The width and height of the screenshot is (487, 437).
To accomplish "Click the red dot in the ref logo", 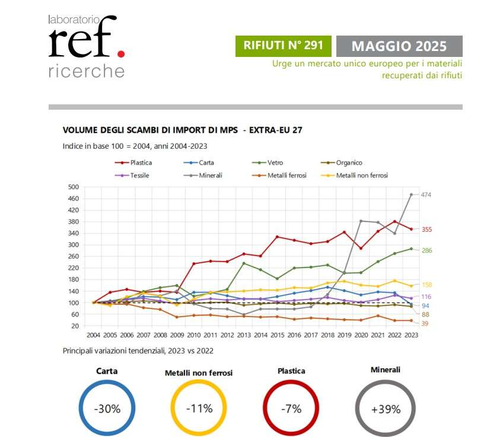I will click(x=121, y=53).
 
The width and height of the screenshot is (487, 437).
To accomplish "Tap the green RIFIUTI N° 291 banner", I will click(x=284, y=46).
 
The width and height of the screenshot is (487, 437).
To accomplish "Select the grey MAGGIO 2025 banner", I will click(x=399, y=46).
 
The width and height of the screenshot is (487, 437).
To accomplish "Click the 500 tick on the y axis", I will click(x=74, y=187).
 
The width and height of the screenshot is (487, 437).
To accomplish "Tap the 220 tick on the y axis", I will click(x=74, y=267).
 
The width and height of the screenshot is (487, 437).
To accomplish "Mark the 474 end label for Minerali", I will click(x=426, y=194).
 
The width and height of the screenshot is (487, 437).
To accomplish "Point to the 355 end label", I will click(x=426, y=229).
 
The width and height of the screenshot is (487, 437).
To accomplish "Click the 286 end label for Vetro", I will click(x=426, y=250).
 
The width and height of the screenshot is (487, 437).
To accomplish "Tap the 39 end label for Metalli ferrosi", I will click(x=425, y=323).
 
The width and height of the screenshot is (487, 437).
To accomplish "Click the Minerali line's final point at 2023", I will click(x=411, y=194).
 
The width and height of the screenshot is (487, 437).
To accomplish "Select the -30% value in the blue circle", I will click(x=107, y=409).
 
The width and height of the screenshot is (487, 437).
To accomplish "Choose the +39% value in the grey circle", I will click(x=386, y=409).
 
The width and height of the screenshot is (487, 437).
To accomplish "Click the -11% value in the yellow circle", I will click(x=199, y=409).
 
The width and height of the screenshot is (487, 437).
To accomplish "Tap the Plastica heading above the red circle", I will click(x=291, y=371).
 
